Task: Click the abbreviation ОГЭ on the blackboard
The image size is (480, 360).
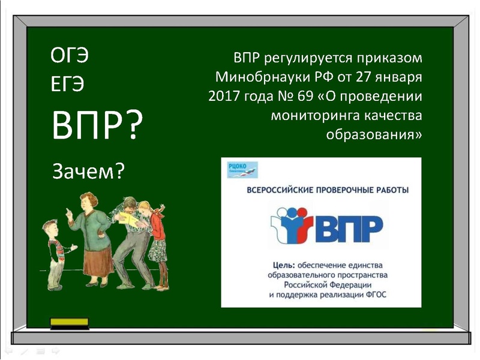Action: tap(70, 57)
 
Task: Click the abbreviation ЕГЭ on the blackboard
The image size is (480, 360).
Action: tap(67, 85)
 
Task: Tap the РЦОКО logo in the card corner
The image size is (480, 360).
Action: tap(239, 169)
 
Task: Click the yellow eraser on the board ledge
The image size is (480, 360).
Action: tap(69, 323)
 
